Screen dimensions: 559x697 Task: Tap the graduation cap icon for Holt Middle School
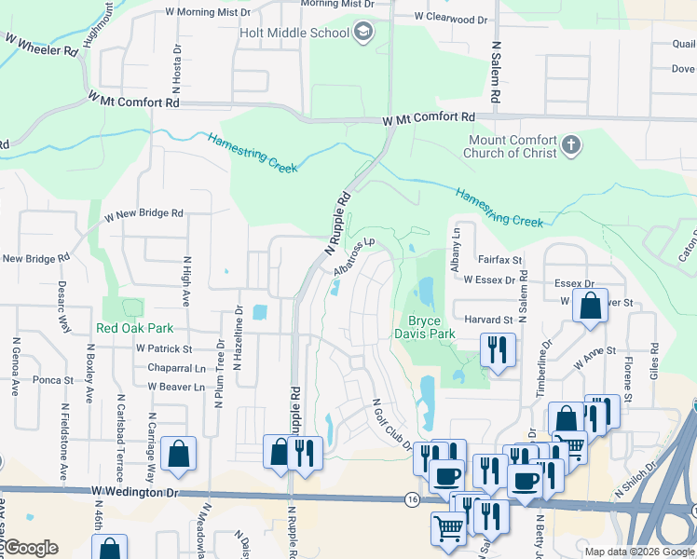tap(364, 34)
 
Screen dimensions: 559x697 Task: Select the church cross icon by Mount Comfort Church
tap(572, 146)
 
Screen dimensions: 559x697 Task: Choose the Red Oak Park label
tap(134, 328)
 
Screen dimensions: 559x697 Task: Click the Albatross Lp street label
tap(354, 257)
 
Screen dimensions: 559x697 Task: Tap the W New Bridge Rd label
tap(143, 213)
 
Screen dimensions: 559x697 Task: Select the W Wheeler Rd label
tap(41, 45)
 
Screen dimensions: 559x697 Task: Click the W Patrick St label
tap(163, 348)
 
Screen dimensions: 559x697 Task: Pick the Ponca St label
tap(53, 380)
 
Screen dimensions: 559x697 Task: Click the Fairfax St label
tap(499, 261)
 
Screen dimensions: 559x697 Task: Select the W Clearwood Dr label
tap(451, 18)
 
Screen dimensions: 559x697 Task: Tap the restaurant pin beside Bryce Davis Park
tap(497, 350)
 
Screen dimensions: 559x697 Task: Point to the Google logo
tap(30, 548)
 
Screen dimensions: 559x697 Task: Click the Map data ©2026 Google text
tap(640, 552)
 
